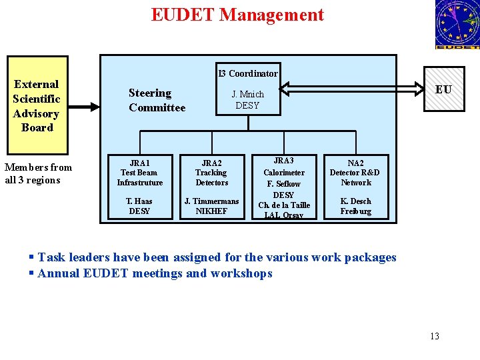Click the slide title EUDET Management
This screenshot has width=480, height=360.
pos(237,15)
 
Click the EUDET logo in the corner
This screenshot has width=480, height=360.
pos(457,25)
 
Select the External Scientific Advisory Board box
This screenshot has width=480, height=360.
pos(37,105)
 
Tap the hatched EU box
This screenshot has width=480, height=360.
pos(443,90)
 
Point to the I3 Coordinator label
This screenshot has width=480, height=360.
pos(248,73)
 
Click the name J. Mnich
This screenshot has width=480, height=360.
pos(248,94)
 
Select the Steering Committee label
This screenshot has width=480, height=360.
pos(157,100)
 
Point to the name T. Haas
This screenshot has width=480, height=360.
pos(139,201)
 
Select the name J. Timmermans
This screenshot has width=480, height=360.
pos(211,201)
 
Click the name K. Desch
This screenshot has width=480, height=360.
pos(355,201)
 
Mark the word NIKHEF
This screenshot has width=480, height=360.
pos(211,211)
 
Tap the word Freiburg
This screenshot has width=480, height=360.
pos(355,211)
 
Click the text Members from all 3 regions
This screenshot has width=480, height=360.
pos(38,173)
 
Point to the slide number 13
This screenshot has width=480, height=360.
pos(435,336)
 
